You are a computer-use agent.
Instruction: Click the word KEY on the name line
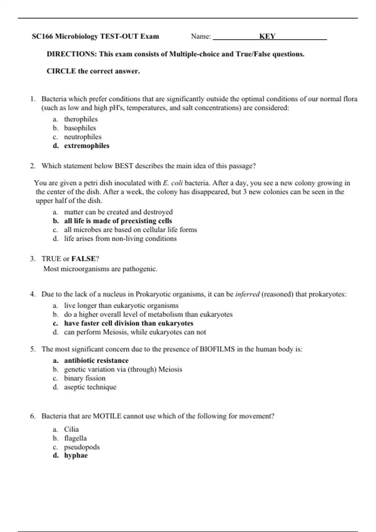pos(267,36)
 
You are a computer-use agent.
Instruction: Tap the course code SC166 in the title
pos(43,36)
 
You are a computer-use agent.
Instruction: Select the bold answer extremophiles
pos(87,146)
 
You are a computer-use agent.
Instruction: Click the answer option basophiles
pos(80,128)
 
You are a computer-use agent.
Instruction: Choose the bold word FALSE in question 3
pos(83,259)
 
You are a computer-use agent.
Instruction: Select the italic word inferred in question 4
pos(247,294)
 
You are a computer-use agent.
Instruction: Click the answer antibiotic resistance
pos(96,361)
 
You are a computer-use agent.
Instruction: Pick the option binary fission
pos(85,378)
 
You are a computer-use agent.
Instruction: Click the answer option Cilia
pos(71,429)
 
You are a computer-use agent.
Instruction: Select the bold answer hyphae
pos(76,455)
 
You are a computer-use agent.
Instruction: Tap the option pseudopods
pos(82,447)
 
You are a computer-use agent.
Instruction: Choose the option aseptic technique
pos(90,387)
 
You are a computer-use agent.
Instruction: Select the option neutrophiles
pos(83,137)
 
